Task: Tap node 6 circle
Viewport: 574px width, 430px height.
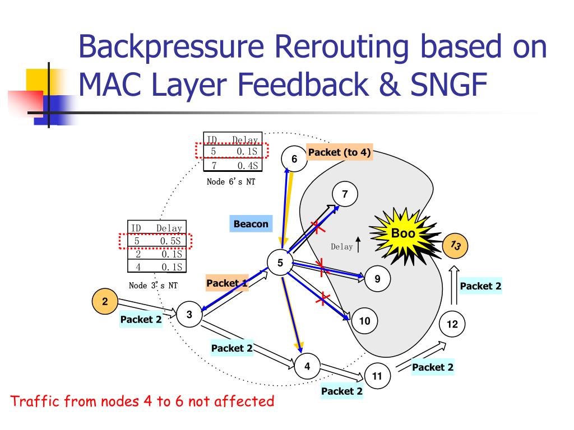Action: (294, 159)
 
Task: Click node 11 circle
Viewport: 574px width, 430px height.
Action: (377, 376)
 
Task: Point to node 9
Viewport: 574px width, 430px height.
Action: (377, 278)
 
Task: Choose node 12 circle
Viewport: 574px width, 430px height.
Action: (452, 324)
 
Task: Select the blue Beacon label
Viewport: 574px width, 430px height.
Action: (251, 224)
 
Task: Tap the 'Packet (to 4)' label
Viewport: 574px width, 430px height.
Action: (339, 152)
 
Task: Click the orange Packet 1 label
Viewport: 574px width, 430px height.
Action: (226, 283)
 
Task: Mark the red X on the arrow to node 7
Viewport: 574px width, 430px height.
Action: (318, 227)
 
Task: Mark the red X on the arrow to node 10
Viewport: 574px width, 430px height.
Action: (322, 300)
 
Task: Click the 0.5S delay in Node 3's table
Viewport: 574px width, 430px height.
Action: (169, 241)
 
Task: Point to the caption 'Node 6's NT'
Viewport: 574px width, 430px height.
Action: (231, 181)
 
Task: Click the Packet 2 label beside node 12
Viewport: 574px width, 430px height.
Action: (480, 286)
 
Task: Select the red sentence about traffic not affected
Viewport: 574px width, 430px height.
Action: (143, 401)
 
